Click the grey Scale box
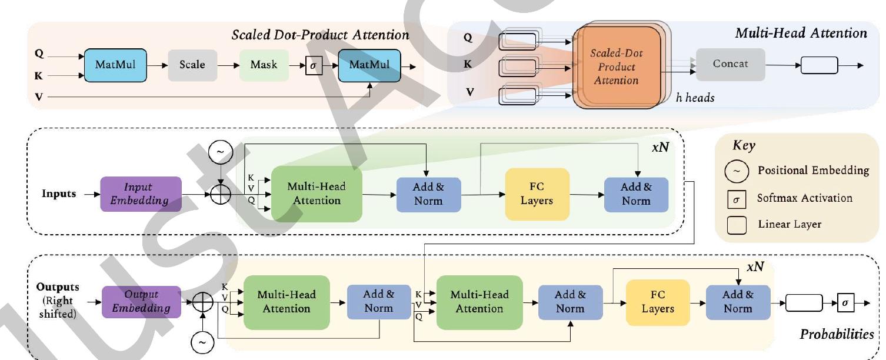point(192,65)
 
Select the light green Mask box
point(264,65)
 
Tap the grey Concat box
point(730,64)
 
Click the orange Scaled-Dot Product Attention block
point(616,66)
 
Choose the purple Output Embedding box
point(141,301)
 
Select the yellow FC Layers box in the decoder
point(657,302)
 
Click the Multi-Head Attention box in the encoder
point(316,194)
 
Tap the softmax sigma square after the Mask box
point(313,65)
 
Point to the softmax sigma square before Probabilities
point(845,302)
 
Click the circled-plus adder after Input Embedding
point(221,194)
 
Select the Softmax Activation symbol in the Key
point(740,198)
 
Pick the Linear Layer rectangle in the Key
point(740,224)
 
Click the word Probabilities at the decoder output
point(836,335)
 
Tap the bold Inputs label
point(58,194)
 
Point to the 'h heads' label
point(695,98)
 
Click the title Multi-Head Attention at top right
point(801,33)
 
